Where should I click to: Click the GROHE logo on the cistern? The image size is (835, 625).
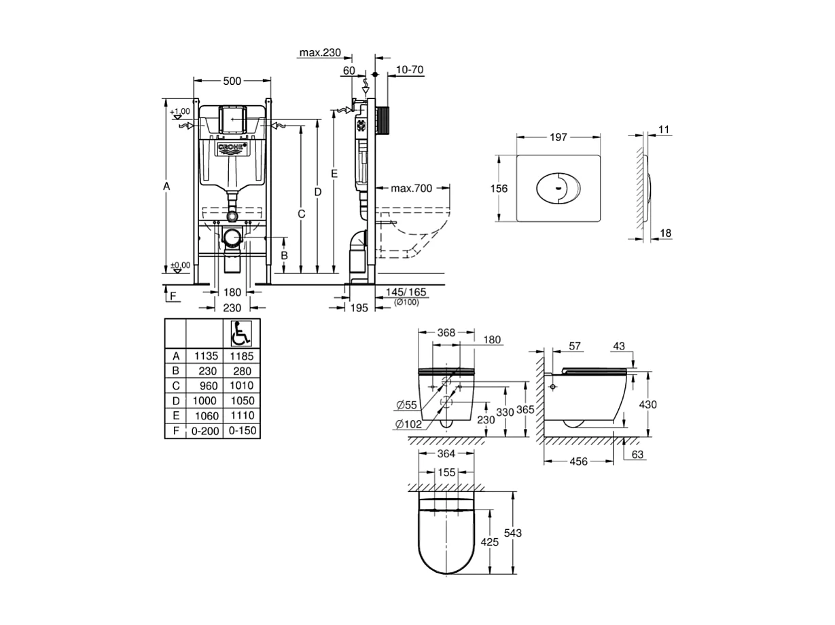(x=233, y=148)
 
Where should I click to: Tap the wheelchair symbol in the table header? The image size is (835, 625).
(x=240, y=334)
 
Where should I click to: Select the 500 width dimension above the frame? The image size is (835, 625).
(x=232, y=81)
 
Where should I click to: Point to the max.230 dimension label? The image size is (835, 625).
(x=320, y=53)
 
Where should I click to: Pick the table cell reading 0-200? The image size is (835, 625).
(x=205, y=431)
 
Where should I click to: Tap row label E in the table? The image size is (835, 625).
(x=175, y=416)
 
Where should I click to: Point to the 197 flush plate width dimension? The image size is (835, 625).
(x=558, y=137)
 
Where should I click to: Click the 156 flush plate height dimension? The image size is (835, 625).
(x=499, y=189)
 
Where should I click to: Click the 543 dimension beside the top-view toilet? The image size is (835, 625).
(x=514, y=533)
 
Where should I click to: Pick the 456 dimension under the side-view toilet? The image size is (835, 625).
(x=579, y=461)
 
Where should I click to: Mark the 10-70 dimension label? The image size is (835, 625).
(x=410, y=70)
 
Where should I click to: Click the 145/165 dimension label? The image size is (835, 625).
(x=406, y=292)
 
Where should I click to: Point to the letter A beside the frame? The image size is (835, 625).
(x=166, y=186)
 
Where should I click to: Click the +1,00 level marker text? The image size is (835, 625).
(x=181, y=111)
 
